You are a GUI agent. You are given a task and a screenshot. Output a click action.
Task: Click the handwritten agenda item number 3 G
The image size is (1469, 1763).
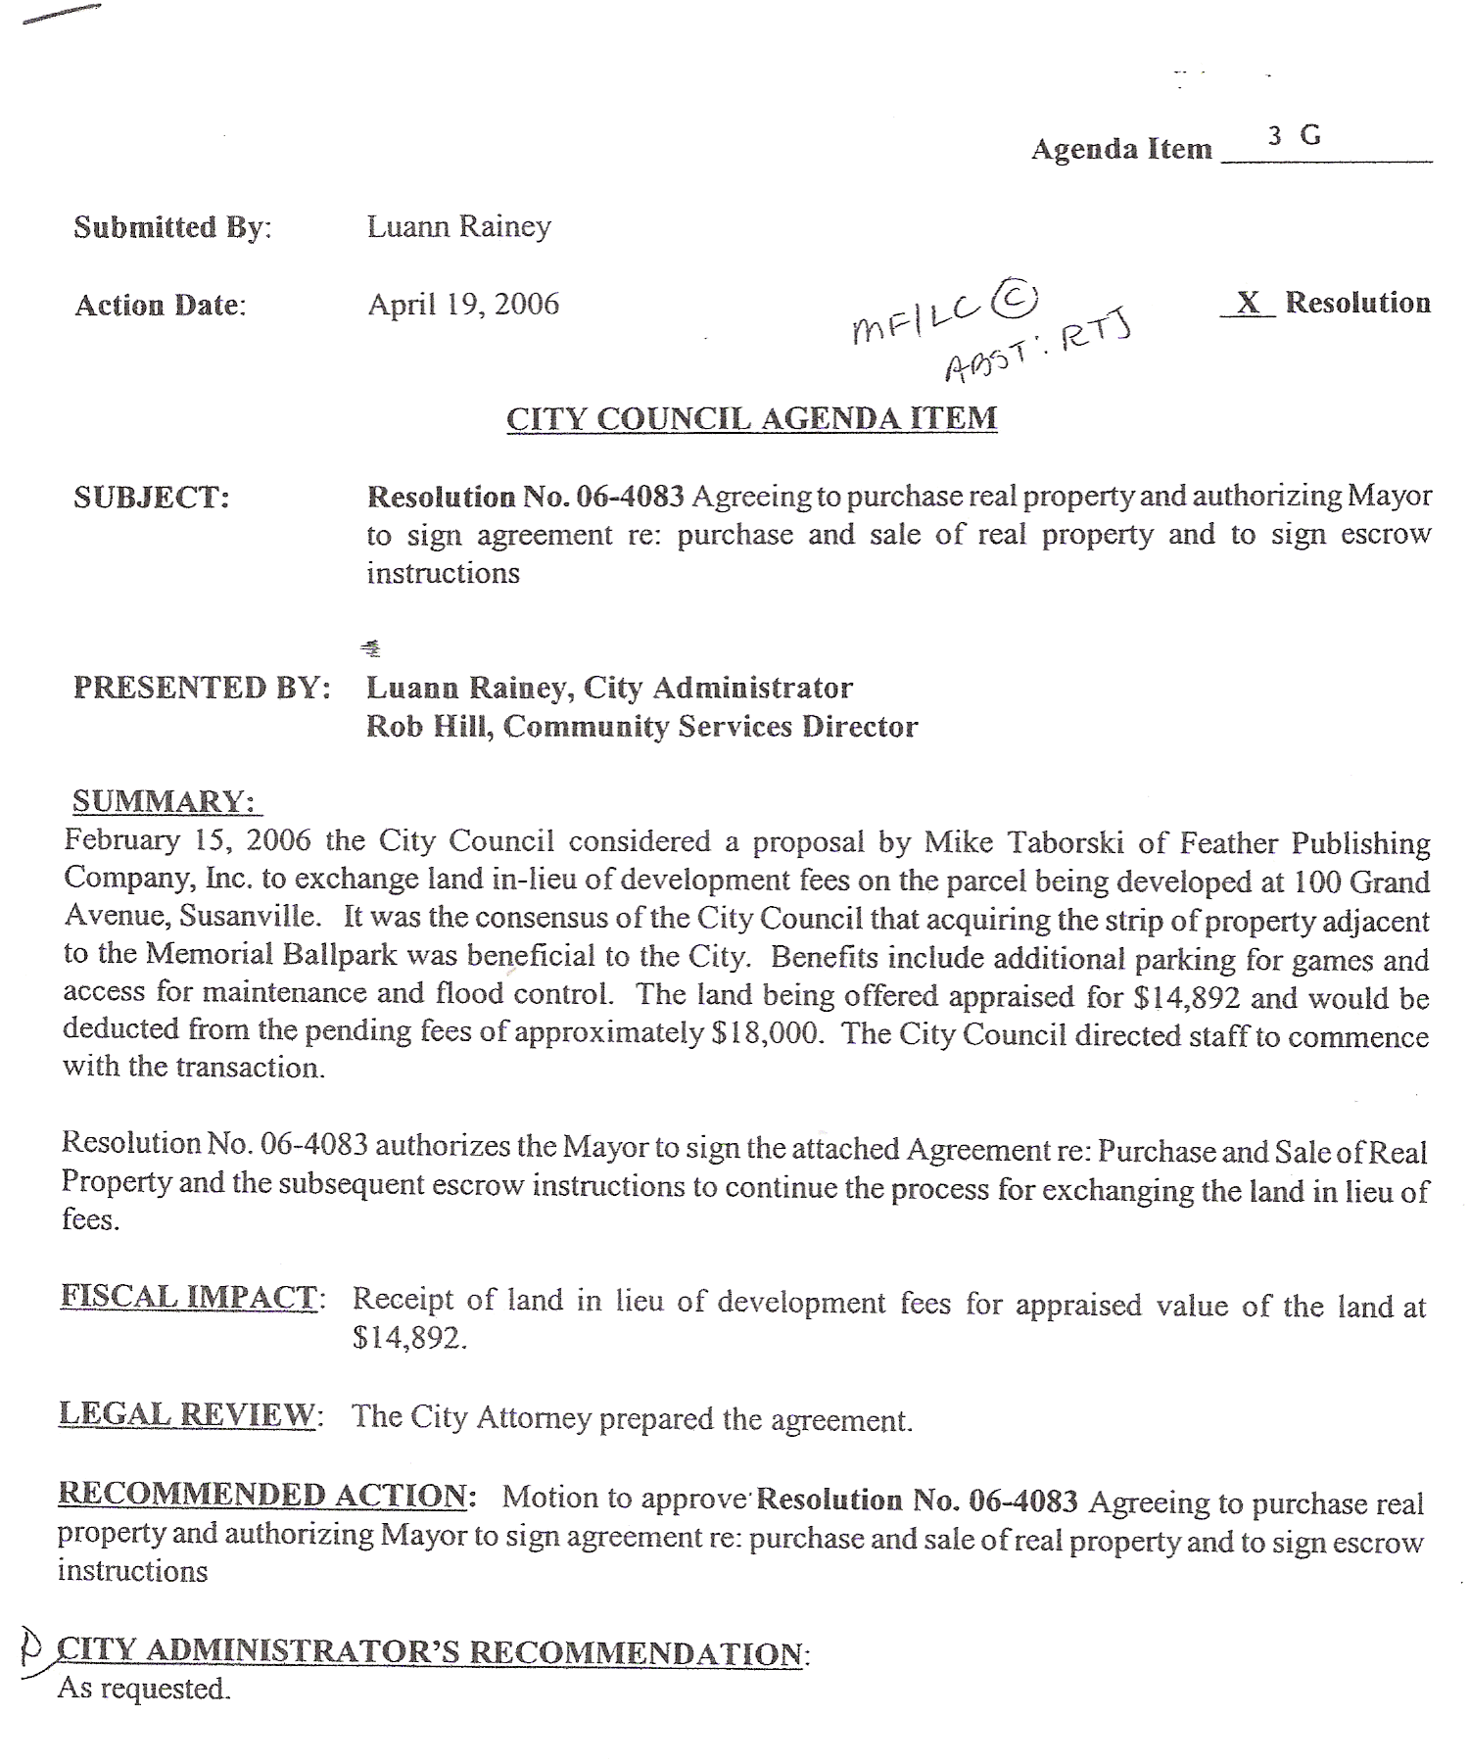pos(1294,135)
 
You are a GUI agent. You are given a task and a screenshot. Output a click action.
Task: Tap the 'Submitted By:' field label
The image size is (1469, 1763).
pos(172,227)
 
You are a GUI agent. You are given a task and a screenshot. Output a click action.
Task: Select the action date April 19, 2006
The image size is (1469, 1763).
pos(463,304)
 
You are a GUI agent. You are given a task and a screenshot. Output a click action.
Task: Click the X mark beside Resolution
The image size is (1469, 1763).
pos(1248,303)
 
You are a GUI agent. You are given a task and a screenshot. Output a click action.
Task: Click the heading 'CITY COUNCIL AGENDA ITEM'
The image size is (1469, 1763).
pos(751,418)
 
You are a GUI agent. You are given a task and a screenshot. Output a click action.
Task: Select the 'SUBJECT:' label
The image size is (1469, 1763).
pos(152,498)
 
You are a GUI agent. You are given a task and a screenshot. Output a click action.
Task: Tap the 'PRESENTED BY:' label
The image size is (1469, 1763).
pos(202,688)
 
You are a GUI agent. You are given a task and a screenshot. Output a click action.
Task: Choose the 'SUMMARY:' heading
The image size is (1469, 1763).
pos(164,801)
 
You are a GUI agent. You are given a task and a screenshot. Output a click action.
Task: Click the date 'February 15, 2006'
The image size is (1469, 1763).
pos(187,840)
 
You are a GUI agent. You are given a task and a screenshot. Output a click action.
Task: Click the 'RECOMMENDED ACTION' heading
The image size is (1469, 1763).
pos(262,1495)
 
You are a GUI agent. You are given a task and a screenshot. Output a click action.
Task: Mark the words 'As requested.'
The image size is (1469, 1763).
pos(144,1688)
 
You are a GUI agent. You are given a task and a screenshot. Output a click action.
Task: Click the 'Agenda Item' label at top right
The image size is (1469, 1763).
pos(1121,149)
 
